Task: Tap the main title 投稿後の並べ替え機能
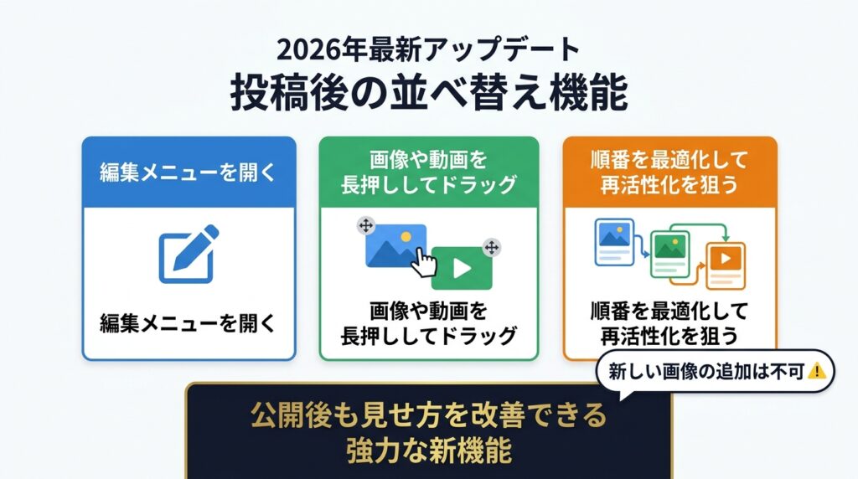[x=429, y=92]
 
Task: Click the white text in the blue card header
[x=189, y=173]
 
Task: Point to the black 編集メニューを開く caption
[x=189, y=323]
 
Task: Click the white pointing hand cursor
[x=423, y=262]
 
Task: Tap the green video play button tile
[x=462, y=268]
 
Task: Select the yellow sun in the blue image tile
[x=406, y=237]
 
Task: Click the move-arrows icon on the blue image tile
[x=366, y=225]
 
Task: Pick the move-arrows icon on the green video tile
[x=492, y=248]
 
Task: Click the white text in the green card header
[x=429, y=173]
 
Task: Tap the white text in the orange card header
[x=669, y=173]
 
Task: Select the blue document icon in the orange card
[x=614, y=242]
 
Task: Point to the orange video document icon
[x=726, y=265]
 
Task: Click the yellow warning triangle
[x=816, y=371]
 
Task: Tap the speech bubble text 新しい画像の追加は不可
[x=706, y=372]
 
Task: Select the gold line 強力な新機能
[x=429, y=450]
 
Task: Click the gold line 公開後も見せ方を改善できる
[x=429, y=415]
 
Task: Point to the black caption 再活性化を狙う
[x=669, y=336]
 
